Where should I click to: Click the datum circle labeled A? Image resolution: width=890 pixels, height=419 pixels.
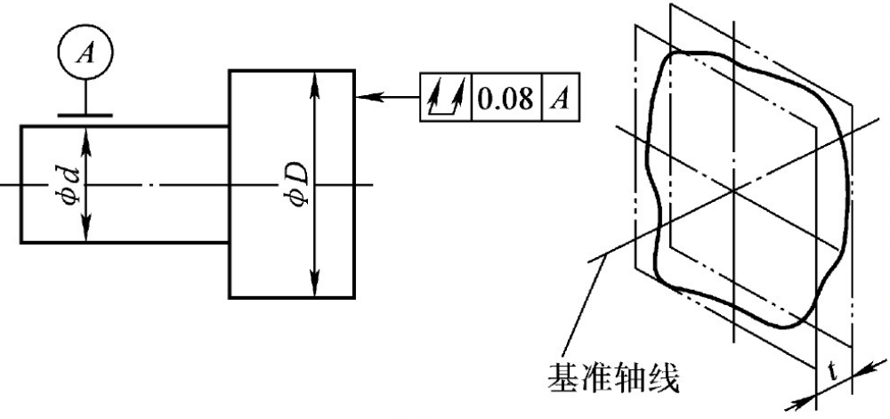(x=85, y=53)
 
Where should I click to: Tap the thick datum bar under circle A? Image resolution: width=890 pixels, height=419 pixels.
(x=85, y=115)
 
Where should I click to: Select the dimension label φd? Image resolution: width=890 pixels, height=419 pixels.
(x=82, y=182)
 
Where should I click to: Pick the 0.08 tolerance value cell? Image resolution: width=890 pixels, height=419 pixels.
(x=506, y=95)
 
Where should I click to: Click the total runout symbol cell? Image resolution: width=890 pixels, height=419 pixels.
(x=445, y=95)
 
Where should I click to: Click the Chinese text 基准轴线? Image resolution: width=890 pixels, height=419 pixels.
(x=613, y=381)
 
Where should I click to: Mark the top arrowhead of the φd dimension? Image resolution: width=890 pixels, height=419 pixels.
(x=85, y=132)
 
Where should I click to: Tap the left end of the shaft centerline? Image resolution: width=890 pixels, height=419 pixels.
(x=4, y=185)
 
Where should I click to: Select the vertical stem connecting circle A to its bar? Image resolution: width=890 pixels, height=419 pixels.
(x=85, y=95)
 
